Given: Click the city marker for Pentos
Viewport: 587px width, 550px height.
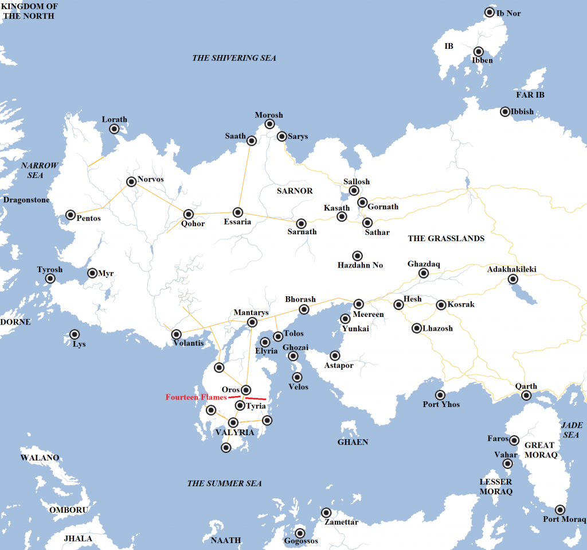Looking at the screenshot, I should [x=71, y=215].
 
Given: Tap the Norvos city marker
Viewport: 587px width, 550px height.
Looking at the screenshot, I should [x=131, y=182].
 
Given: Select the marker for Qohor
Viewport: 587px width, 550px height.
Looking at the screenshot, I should [x=188, y=215].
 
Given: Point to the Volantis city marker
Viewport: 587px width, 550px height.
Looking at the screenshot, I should [x=177, y=334].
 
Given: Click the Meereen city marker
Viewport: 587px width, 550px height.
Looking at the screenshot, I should [x=359, y=304].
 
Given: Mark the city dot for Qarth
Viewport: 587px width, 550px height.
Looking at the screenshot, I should [x=526, y=396].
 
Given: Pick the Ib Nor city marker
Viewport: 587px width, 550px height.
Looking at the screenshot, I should [x=490, y=12].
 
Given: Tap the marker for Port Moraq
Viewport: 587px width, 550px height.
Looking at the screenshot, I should [x=560, y=510].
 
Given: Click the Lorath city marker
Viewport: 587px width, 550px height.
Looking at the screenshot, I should [x=114, y=129].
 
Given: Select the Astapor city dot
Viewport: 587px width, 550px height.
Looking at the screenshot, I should [x=335, y=356].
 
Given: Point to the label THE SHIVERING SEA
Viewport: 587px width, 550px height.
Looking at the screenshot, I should [x=234, y=58].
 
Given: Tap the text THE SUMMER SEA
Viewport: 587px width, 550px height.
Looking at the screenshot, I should [x=225, y=483].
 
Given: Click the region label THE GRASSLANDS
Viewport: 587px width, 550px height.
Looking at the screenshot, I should [x=446, y=238].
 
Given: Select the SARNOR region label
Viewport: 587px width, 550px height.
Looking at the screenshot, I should [x=294, y=191].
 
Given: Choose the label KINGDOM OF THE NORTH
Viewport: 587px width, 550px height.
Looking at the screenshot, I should [x=29, y=11].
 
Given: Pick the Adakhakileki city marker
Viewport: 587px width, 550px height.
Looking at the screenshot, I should [x=512, y=280].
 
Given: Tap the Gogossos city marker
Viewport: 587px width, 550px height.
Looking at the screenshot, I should [x=299, y=533].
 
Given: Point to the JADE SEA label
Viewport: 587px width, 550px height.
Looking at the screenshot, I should [x=572, y=430].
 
